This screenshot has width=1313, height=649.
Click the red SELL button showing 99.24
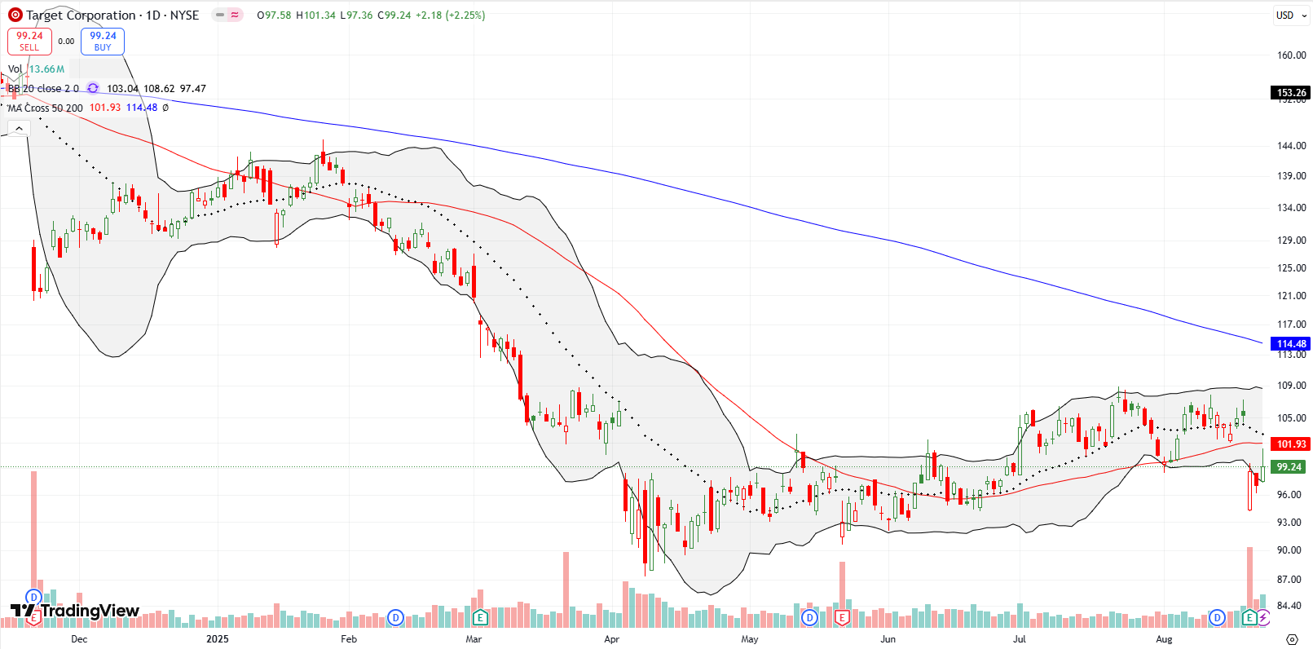coord(29,41)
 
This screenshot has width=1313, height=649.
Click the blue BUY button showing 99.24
coord(103,41)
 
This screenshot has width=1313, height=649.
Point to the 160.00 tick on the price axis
coord(1291,55)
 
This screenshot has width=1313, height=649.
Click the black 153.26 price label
coord(1291,93)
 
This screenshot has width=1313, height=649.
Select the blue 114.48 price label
coord(1291,344)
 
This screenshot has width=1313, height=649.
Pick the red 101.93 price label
coord(1291,444)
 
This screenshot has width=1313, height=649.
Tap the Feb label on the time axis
coord(349,639)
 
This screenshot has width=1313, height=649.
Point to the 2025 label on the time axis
coord(218,639)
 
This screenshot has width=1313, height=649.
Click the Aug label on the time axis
coord(1164,639)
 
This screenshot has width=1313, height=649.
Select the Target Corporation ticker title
coord(80,15)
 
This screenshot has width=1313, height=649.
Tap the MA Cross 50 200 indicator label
coord(46,108)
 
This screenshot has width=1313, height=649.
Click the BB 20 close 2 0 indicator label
coord(43,89)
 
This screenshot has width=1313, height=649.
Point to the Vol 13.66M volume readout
coord(37,69)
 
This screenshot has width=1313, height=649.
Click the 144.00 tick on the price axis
coord(1291,146)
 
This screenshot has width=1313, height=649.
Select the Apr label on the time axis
coord(611,639)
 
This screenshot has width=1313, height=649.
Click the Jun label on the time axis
coord(888,639)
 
